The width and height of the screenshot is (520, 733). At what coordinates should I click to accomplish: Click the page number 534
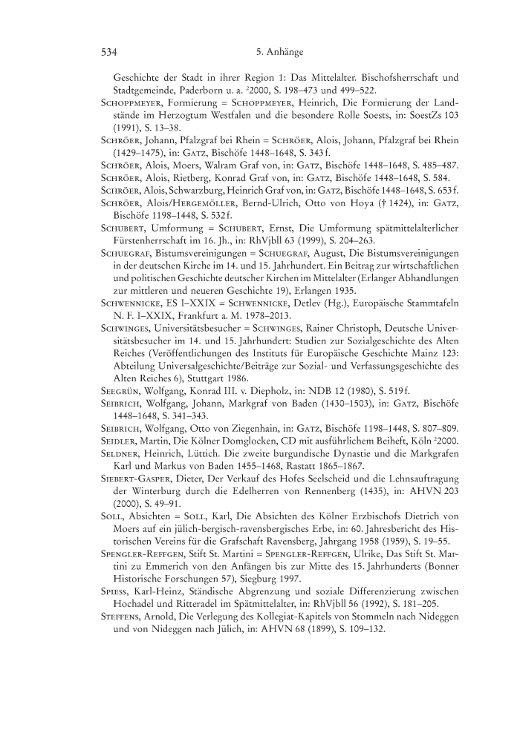[x=110, y=52]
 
